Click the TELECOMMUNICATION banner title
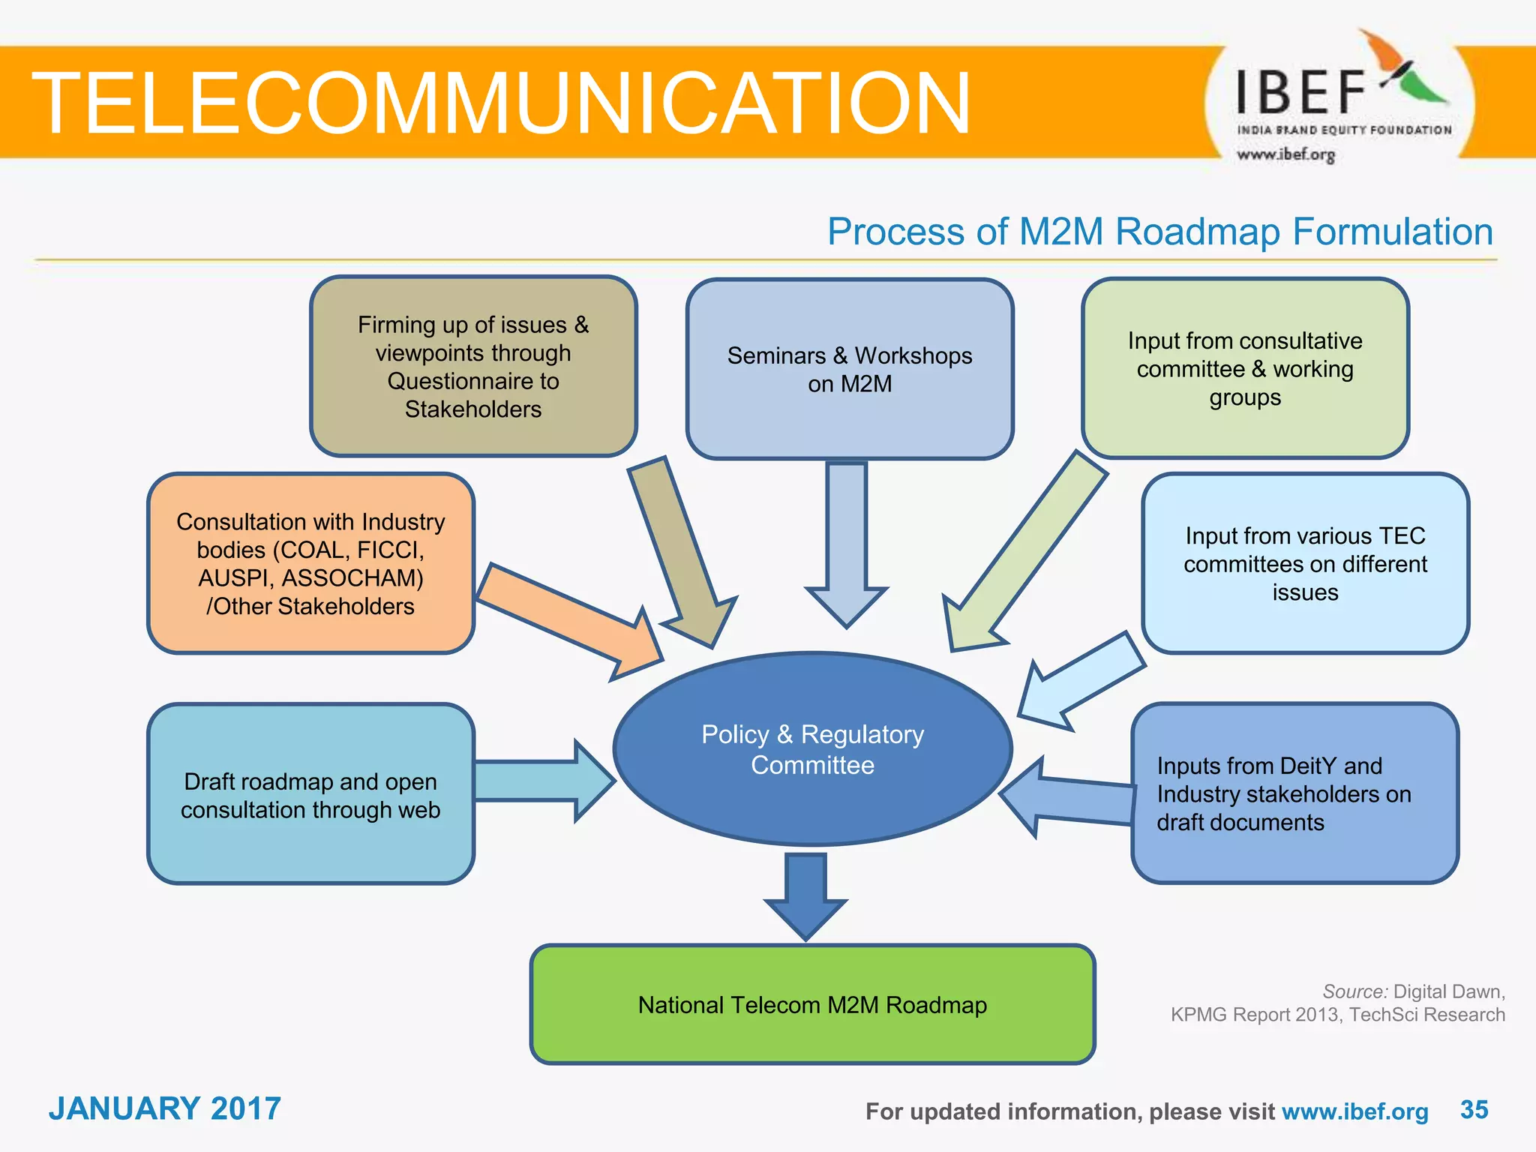point(501,103)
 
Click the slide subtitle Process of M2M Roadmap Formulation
point(1159,232)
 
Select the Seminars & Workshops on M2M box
point(850,369)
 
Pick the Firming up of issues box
point(473,367)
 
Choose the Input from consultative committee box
point(1245,368)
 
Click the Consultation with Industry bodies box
point(310,563)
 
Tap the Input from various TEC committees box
point(1305,563)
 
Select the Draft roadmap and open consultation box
point(310,794)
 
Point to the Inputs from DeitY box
point(1294,793)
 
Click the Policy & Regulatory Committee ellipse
point(813,749)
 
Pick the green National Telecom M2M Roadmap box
point(812,1004)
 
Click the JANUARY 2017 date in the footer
point(165,1108)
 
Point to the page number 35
point(1474,1109)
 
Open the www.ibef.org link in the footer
point(1354,1111)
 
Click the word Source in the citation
point(1354,991)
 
